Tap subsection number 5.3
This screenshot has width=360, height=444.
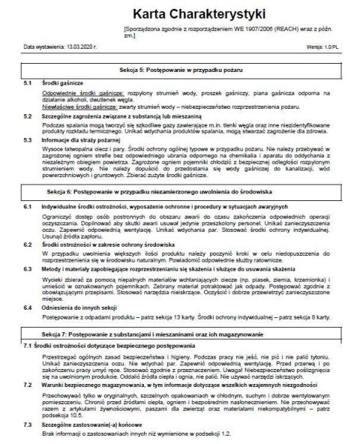(x=28, y=139)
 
